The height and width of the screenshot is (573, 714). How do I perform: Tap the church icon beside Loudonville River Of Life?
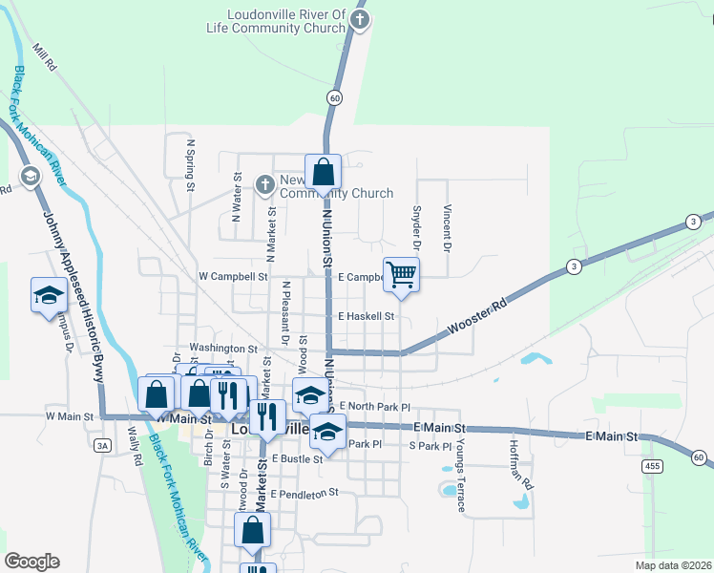click(359, 20)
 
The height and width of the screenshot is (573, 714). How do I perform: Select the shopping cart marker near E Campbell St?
click(402, 274)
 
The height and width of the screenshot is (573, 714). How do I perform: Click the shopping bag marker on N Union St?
click(324, 173)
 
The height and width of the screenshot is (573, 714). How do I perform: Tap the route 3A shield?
click(102, 444)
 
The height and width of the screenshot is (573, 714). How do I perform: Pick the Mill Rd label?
click(45, 60)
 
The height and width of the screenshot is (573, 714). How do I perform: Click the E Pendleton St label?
click(304, 494)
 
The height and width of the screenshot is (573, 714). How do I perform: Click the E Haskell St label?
click(366, 316)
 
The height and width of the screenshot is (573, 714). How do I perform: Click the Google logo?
click(31, 562)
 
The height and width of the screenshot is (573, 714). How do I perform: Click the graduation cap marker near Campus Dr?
click(48, 294)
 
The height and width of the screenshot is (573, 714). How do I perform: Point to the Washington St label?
click(223, 349)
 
